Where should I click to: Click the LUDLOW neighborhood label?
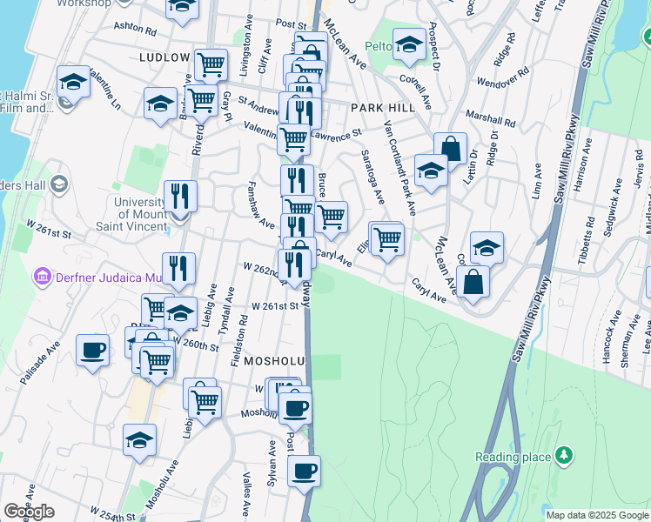click(164, 57)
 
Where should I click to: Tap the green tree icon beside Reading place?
click(565, 455)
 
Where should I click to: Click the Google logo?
click(29, 512)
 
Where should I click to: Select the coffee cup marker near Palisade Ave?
click(92, 351)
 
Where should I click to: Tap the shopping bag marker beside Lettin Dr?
click(450, 149)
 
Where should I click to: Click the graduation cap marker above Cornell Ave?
click(408, 45)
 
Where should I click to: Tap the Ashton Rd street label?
click(134, 29)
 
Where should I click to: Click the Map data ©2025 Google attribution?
click(597, 515)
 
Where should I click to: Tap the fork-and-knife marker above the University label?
click(180, 195)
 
